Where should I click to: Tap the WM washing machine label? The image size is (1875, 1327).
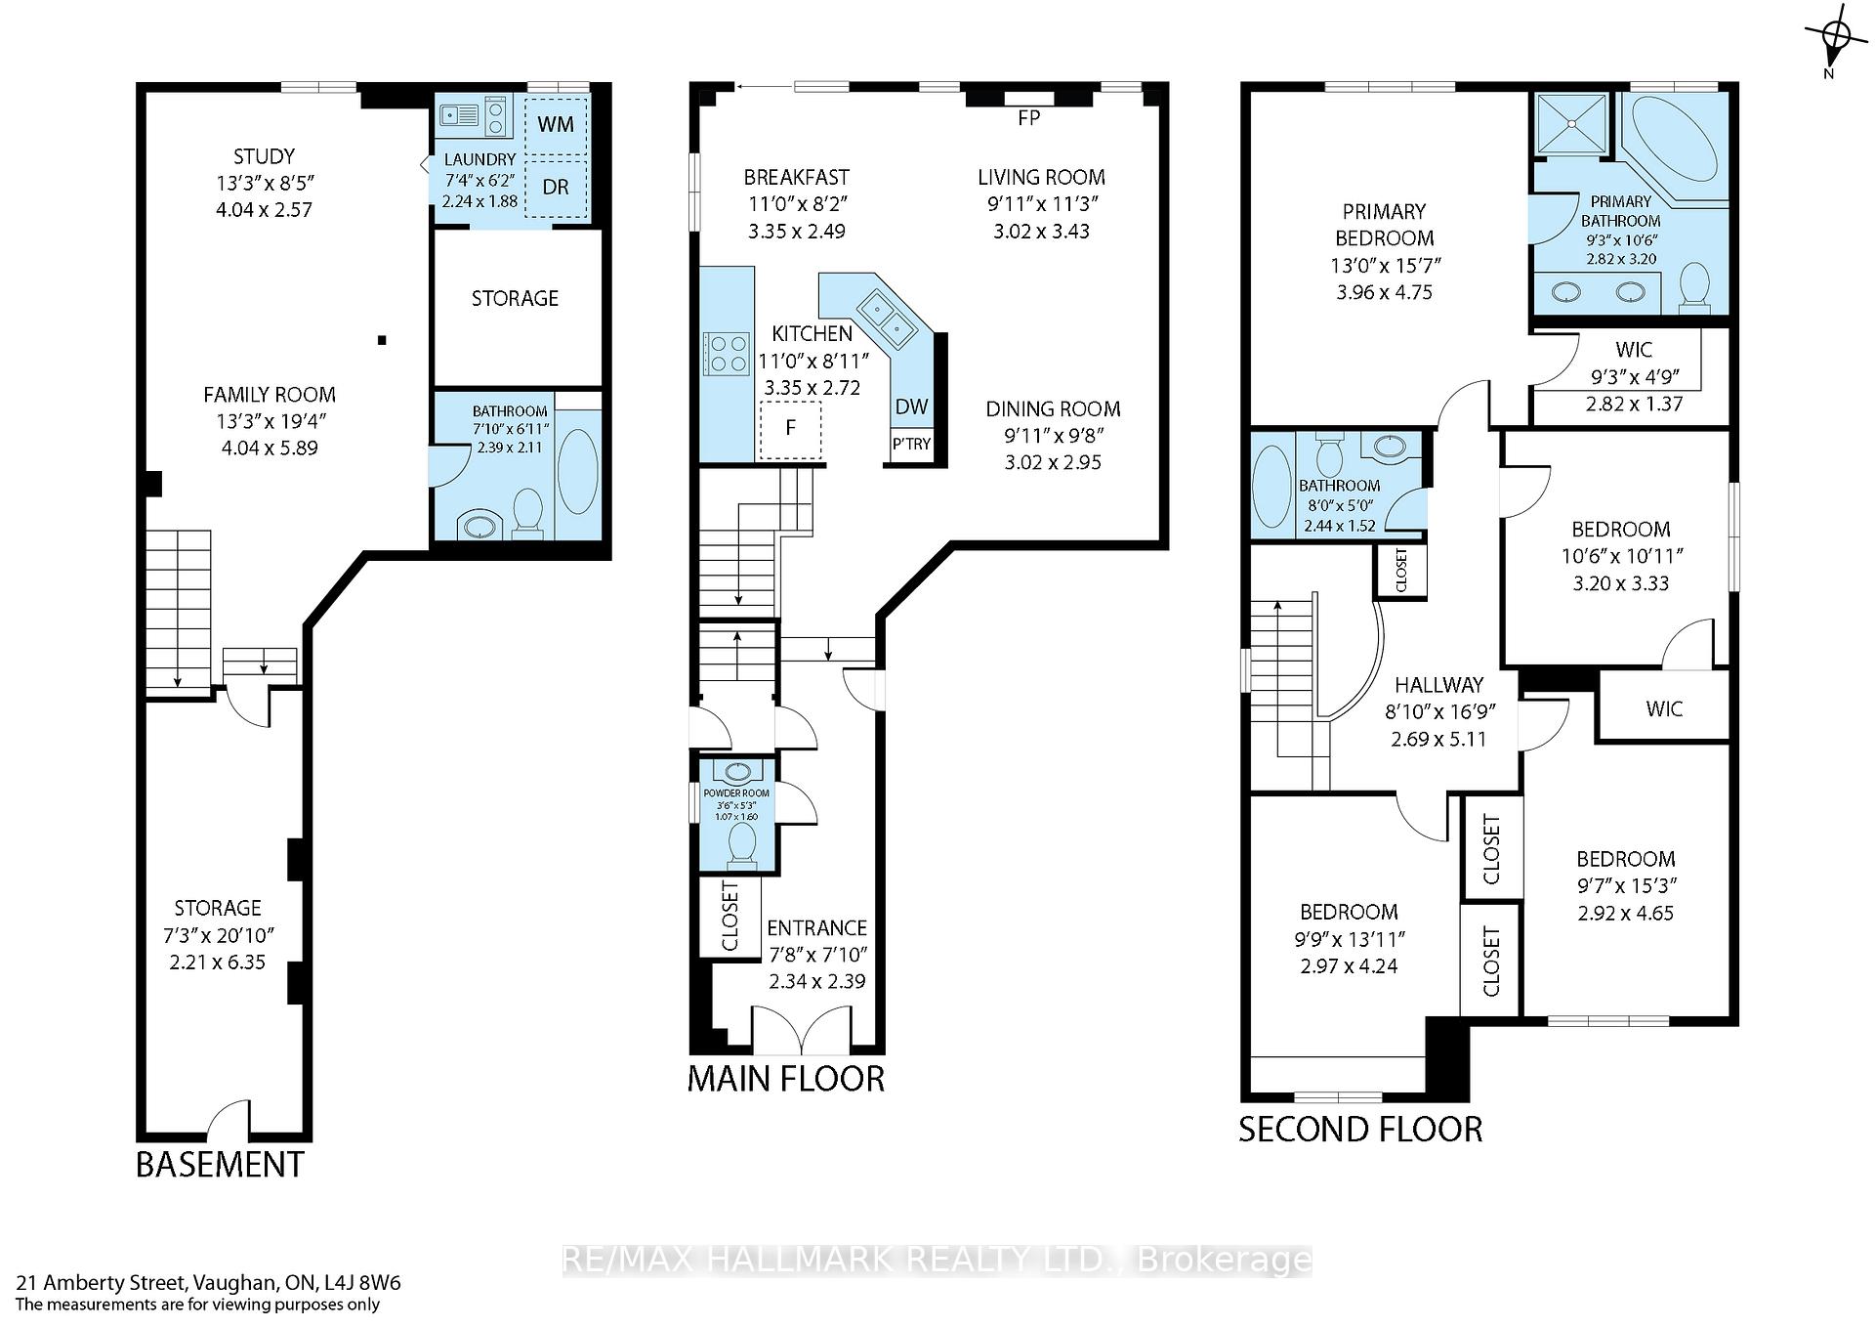(x=556, y=125)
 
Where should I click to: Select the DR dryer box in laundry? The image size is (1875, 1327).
(x=557, y=187)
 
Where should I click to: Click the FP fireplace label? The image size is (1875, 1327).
(x=1028, y=118)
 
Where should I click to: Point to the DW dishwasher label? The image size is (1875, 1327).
(x=911, y=407)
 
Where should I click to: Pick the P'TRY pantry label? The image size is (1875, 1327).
(x=912, y=445)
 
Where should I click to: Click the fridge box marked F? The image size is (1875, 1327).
(x=791, y=429)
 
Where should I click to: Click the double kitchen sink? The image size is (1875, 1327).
(x=886, y=321)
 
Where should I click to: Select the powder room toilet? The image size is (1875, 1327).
(x=742, y=843)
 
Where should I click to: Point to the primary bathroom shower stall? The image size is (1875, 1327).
(x=1571, y=124)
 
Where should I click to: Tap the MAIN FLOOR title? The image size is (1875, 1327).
(x=786, y=1079)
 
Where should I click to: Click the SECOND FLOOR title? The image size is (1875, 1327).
(x=1360, y=1130)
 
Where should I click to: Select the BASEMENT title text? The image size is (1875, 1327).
(x=220, y=1165)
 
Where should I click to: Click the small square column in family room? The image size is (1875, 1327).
(x=383, y=340)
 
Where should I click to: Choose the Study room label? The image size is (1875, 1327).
(x=264, y=156)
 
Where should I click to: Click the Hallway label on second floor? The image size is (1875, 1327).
(x=1438, y=685)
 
